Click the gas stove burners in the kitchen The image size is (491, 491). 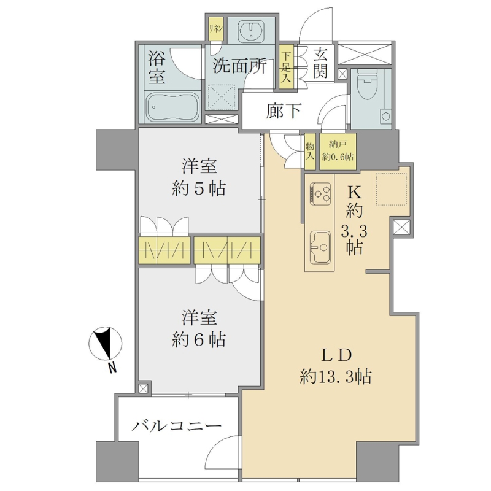pyautogui.click(x=320, y=194)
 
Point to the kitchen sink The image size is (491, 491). pyautogui.click(x=320, y=247)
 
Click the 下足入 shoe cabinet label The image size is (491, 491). pyautogui.click(x=285, y=68)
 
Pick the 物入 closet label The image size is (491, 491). pyautogui.click(x=310, y=152)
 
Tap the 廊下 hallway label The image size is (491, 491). pyautogui.click(x=284, y=110)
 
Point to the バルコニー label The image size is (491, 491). pyautogui.click(x=177, y=426)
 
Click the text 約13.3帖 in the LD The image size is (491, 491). pyautogui.click(x=336, y=377)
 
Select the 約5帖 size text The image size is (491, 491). pyautogui.click(x=198, y=188)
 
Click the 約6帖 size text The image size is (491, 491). pyautogui.click(x=198, y=340)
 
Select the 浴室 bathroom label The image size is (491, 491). pyautogui.click(x=157, y=67)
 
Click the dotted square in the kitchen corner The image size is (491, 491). pyautogui.click(x=392, y=189)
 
